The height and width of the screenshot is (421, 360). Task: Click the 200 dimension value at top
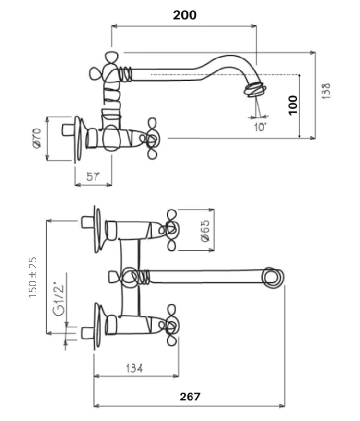[185, 14]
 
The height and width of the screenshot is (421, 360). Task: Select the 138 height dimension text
[326, 91]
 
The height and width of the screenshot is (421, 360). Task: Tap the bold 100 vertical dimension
[293, 105]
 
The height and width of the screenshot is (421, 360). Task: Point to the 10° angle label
[259, 127]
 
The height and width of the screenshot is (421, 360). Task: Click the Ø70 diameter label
[38, 138]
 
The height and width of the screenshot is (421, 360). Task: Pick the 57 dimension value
[92, 176]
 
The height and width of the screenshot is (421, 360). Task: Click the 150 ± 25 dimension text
[33, 278]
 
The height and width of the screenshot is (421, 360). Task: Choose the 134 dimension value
[134, 368]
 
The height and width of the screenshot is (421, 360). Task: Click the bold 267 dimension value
[190, 397]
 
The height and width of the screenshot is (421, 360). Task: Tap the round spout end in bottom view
[274, 277]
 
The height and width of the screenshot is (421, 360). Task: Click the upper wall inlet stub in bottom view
[87, 222]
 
